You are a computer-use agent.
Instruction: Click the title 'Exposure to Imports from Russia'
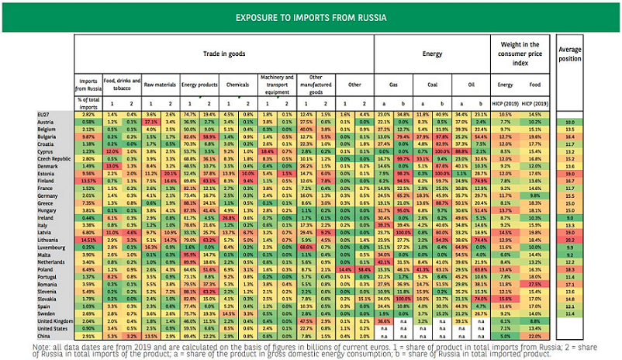[x=311, y=16]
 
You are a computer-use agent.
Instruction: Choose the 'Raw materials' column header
[x=158, y=80]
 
